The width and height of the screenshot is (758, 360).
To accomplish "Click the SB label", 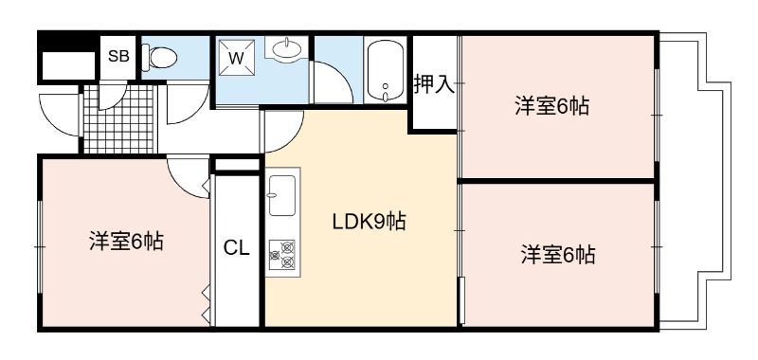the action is tap(118, 57).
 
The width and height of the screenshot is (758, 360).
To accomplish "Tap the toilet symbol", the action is tap(159, 58).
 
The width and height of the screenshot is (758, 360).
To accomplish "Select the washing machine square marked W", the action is tap(237, 58).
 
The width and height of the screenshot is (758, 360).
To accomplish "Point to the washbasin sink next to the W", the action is tap(287, 49).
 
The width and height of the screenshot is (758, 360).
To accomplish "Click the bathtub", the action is tap(386, 70).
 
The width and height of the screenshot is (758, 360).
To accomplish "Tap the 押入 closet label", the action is tap(434, 84).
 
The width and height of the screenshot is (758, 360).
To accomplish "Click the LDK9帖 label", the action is tap(369, 222).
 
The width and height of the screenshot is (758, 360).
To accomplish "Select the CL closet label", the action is tap(236, 248).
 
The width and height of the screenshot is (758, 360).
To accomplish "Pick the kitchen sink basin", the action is tap(281, 195).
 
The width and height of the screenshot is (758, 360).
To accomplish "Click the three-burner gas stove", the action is tap(282, 255).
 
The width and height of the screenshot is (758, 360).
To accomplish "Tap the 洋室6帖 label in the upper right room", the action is tap(551, 106).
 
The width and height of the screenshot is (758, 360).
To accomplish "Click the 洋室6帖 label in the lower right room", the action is tap(558, 254).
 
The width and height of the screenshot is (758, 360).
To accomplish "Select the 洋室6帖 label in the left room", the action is tap(126, 242).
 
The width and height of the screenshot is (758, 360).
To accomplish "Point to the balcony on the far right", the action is tap(695, 181).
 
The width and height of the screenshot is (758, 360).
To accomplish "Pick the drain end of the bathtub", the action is tap(386, 93).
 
